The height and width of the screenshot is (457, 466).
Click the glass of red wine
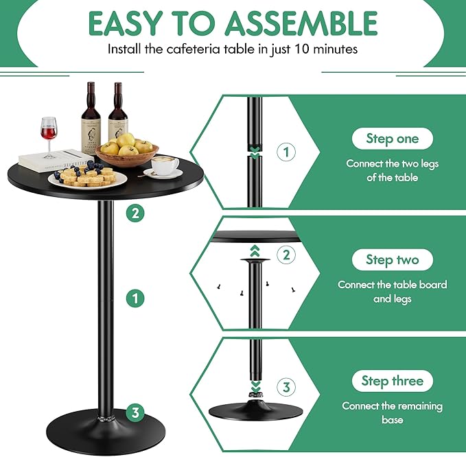(48, 134)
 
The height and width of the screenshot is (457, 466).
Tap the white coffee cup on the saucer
(164, 165)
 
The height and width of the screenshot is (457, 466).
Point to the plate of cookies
(87, 178)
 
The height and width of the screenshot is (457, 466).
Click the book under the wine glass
(54, 159)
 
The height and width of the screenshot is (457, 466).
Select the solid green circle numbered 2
(136, 213)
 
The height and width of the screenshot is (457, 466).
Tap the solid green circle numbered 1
(136, 298)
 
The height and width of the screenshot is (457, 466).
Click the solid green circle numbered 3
(136, 412)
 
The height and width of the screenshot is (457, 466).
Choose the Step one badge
(391, 139)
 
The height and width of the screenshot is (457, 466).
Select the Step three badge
(392, 381)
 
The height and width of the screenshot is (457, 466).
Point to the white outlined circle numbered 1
(287, 152)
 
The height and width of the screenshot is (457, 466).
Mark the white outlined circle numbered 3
(287, 387)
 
